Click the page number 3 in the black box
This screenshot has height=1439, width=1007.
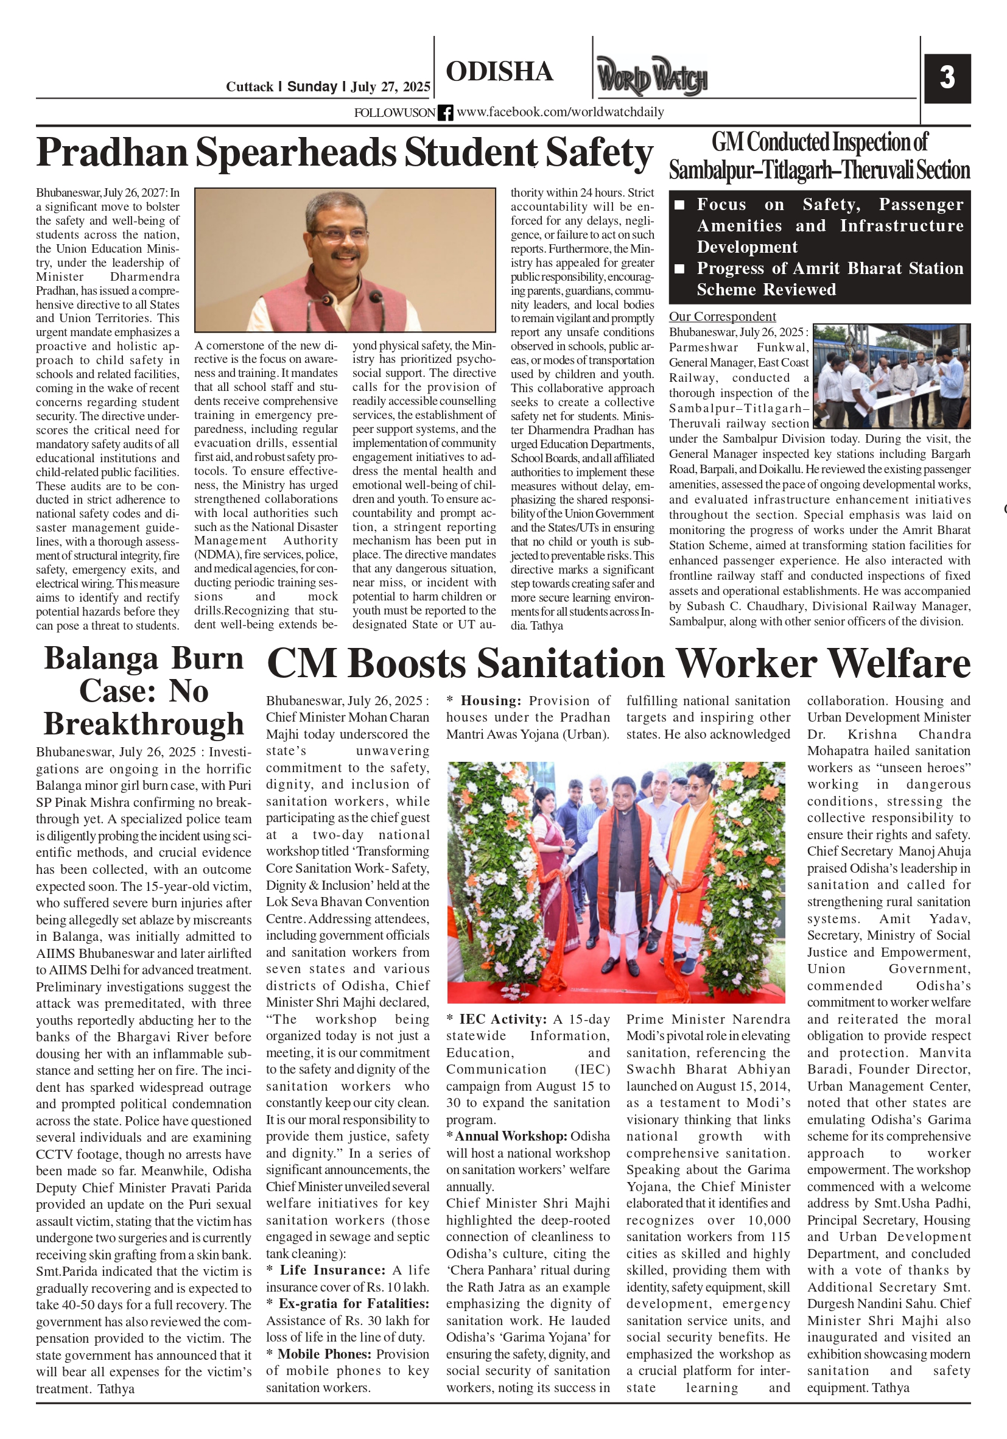tap(947, 78)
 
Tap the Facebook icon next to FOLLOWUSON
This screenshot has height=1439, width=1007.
tap(446, 113)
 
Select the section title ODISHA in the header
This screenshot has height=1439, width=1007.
tap(499, 71)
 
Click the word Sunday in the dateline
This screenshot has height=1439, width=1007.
tap(312, 86)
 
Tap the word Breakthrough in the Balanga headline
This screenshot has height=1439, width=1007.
tap(144, 724)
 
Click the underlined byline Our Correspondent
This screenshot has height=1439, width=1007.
tap(722, 317)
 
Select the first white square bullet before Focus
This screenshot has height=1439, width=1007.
tap(679, 205)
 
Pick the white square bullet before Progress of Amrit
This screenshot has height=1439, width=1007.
tap(679, 269)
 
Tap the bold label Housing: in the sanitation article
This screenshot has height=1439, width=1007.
tap(491, 701)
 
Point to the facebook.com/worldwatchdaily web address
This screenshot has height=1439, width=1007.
tap(560, 112)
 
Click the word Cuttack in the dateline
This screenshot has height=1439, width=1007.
tap(250, 86)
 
